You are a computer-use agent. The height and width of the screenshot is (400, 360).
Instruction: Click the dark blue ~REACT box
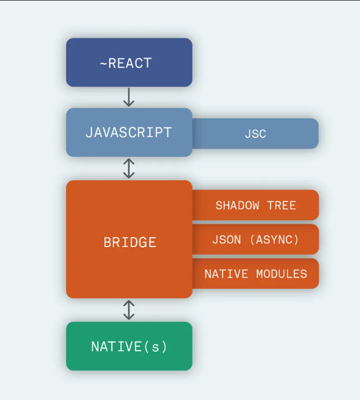(x=129, y=62)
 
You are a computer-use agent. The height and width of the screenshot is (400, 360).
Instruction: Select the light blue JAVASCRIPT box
(x=129, y=133)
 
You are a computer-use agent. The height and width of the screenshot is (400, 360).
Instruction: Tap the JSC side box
(x=255, y=134)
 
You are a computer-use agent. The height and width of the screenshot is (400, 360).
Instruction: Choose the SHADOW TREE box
(x=255, y=205)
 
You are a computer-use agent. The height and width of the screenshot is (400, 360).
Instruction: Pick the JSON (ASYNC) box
(x=255, y=239)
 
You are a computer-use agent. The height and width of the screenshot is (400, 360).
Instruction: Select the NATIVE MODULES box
(x=255, y=274)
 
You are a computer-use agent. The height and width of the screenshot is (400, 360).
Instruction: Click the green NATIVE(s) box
(x=129, y=346)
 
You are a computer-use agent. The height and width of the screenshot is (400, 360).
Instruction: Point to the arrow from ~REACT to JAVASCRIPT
(x=129, y=97)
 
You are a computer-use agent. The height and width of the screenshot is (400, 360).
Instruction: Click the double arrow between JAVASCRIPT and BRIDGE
(x=129, y=168)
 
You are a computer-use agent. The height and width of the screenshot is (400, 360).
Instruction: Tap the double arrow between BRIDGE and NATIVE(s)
(x=129, y=310)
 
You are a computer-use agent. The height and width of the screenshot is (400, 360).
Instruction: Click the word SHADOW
(x=238, y=205)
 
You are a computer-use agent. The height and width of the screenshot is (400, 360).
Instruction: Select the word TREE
(x=282, y=205)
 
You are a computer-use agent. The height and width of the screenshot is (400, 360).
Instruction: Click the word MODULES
(x=282, y=274)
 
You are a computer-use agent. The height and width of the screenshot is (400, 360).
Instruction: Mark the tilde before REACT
(x=103, y=63)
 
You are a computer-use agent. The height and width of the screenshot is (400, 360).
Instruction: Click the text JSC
(x=255, y=134)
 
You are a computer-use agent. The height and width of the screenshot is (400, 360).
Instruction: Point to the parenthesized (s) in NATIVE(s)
(x=156, y=346)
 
